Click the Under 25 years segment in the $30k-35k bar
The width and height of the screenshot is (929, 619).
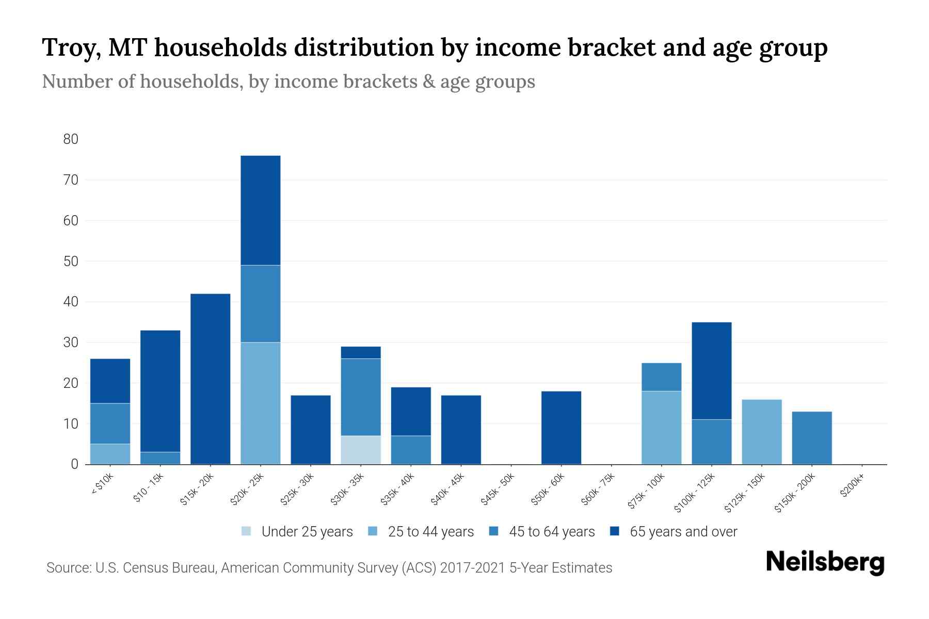point(361,450)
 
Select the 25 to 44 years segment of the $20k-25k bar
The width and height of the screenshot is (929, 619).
point(261,403)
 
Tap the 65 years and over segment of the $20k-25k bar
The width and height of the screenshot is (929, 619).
point(261,210)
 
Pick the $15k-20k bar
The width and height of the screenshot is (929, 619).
point(211,379)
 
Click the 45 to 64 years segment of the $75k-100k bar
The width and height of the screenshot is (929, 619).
point(661,377)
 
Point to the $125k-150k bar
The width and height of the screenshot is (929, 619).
point(761,432)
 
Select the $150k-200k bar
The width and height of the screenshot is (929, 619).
point(811,437)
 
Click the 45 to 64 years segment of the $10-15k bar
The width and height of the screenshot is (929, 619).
point(161,458)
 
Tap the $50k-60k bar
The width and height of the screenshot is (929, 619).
point(561,428)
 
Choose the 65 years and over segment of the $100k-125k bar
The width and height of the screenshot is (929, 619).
point(711,371)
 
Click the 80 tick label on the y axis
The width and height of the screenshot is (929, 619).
point(71,139)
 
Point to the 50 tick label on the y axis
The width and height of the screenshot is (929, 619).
point(71,262)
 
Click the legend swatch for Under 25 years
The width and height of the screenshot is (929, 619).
point(247,531)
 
